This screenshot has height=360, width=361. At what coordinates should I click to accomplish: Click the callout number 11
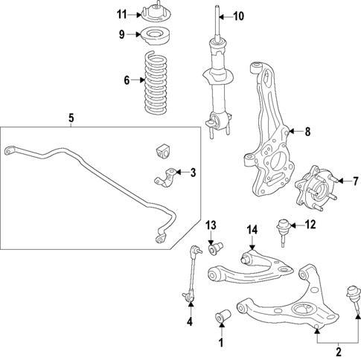coord(122,14)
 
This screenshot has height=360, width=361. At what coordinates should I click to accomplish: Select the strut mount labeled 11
coord(153,13)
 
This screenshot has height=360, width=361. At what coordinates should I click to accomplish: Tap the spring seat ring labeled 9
coord(153,34)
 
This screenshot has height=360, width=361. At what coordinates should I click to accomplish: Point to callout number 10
coord(238,16)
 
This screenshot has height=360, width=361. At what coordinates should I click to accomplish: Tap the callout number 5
coord(71,118)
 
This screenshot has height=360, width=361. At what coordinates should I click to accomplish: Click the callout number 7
coord(355,180)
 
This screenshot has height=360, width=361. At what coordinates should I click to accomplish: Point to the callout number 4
coord(189,322)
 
